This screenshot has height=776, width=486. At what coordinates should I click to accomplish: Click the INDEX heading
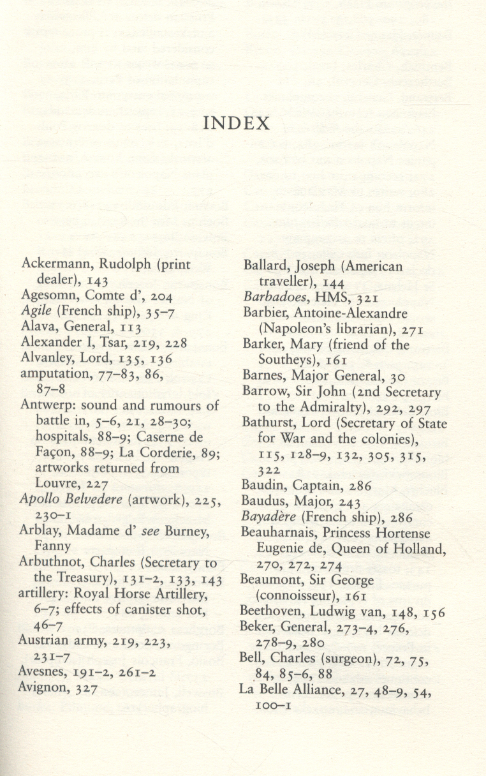tap(237, 123)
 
